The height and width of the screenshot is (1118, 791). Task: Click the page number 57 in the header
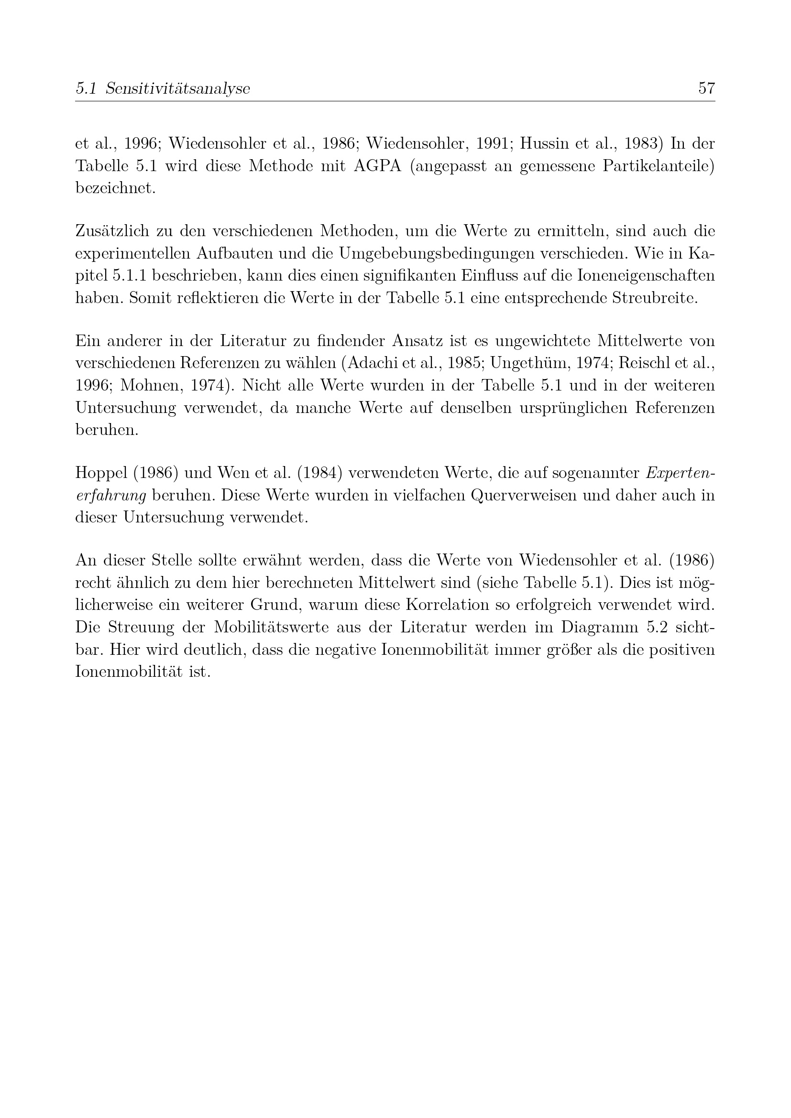tap(706, 88)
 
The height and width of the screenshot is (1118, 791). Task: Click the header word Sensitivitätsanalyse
tap(177, 88)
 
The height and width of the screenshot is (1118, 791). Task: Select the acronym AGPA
tap(377, 166)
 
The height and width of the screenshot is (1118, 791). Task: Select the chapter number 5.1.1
tap(132, 276)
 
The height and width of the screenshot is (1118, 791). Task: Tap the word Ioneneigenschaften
tap(646, 276)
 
